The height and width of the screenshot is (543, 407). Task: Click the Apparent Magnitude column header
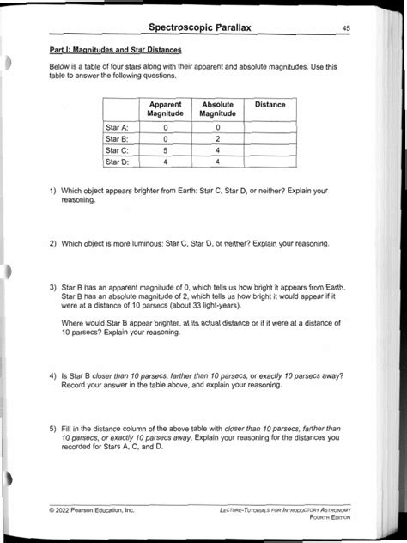pyautogui.click(x=165, y=109)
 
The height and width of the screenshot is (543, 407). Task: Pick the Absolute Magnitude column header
pyautogui.click(x=218, y=109)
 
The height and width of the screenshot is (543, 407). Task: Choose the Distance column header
pyautogui.click(x=270, y=105)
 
